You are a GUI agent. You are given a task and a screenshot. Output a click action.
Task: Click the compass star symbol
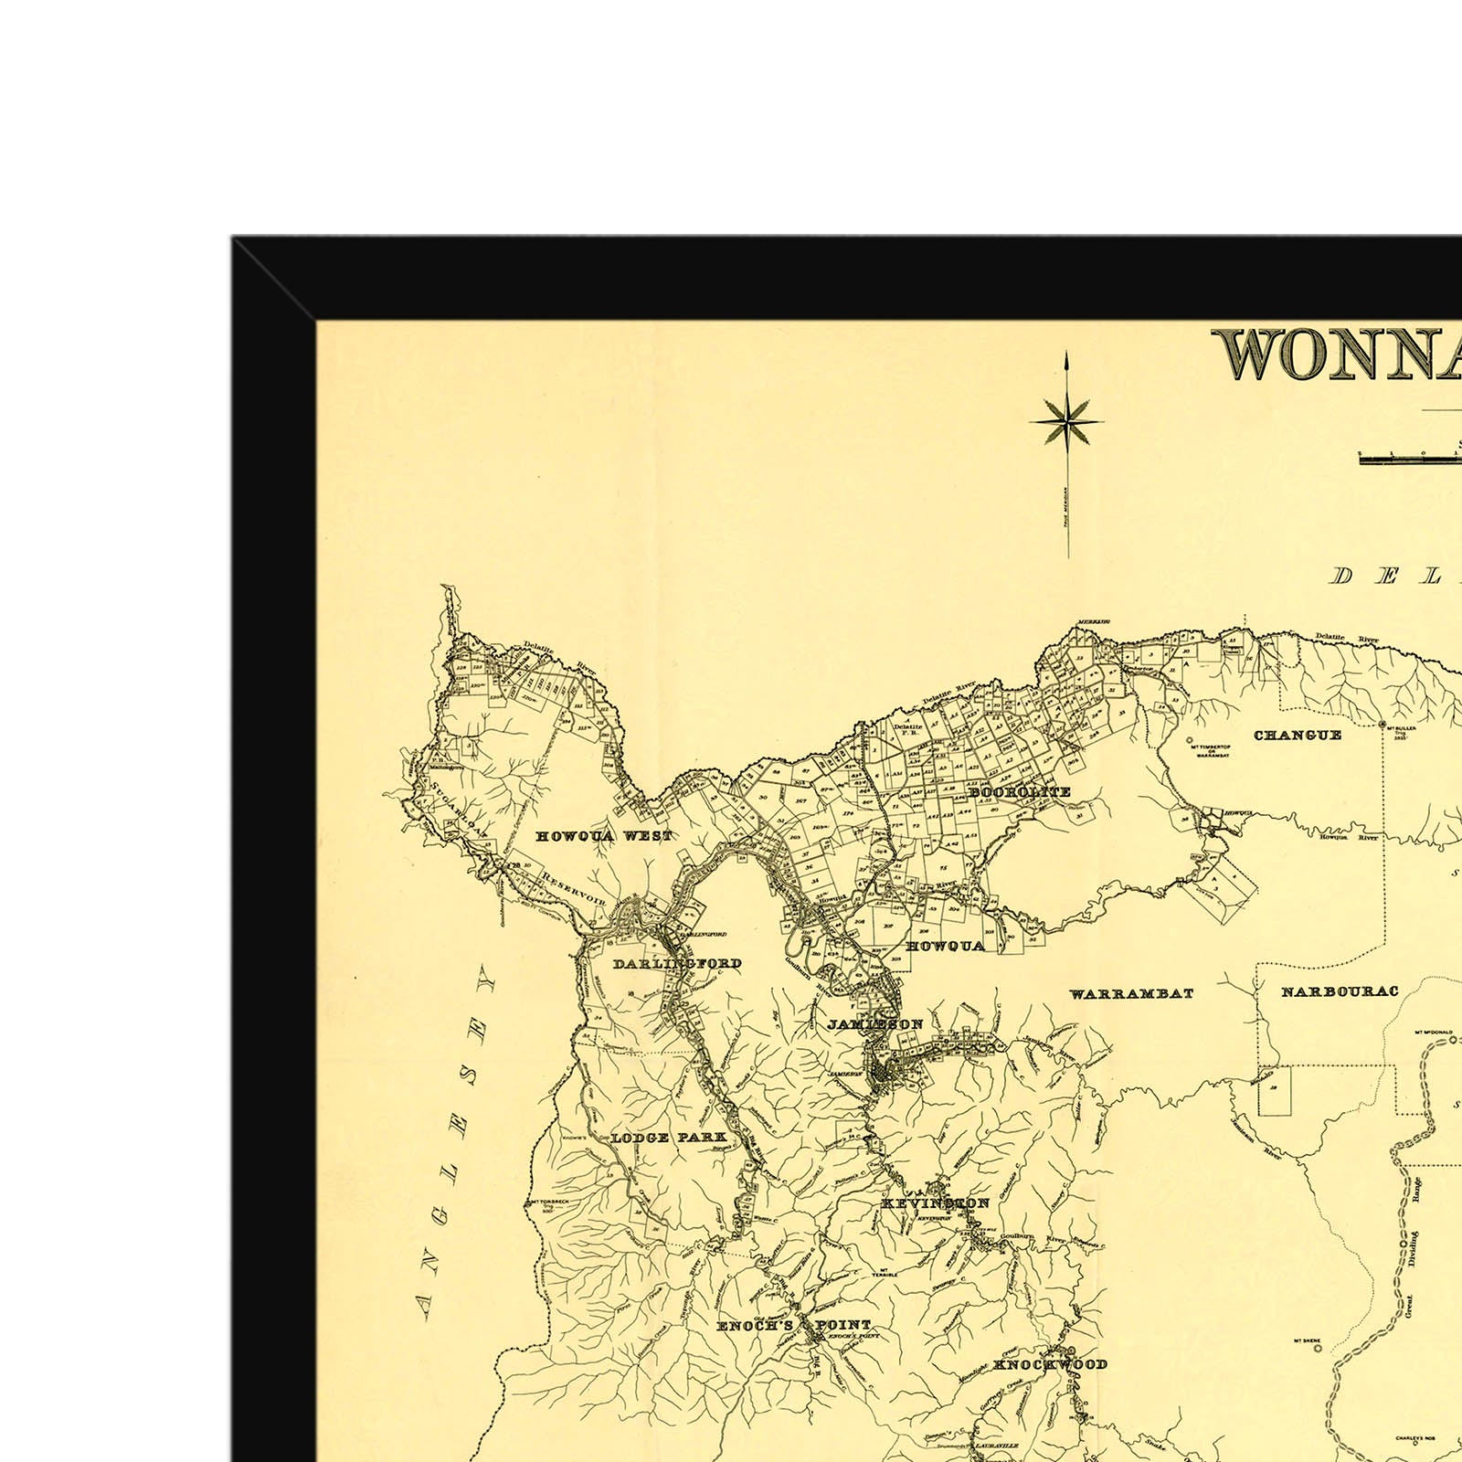pos(1066,422)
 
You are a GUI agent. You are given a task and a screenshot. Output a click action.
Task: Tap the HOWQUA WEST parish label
pos(604,836)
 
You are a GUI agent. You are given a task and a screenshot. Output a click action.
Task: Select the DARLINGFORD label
pos(677,964)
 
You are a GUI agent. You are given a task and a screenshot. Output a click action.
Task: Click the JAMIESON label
pos(875,1024)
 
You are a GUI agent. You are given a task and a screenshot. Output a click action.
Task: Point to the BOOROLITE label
pos(1020,792)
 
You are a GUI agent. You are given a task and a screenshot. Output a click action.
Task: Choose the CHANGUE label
pos(1298,735)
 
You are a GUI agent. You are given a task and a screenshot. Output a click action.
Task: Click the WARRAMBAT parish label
pos(1131,993)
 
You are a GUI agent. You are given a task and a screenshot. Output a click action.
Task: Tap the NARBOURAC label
pos(1340,991)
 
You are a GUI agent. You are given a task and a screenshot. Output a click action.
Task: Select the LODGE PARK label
pos(669,1138)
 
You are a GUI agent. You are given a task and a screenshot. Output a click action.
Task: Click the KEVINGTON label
pos(935,1203)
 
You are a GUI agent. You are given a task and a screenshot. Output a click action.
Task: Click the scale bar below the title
pos(1410,458)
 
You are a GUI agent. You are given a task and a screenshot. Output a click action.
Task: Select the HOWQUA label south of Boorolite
pos(945,946)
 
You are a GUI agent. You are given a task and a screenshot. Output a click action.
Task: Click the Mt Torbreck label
pos(548,1206)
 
